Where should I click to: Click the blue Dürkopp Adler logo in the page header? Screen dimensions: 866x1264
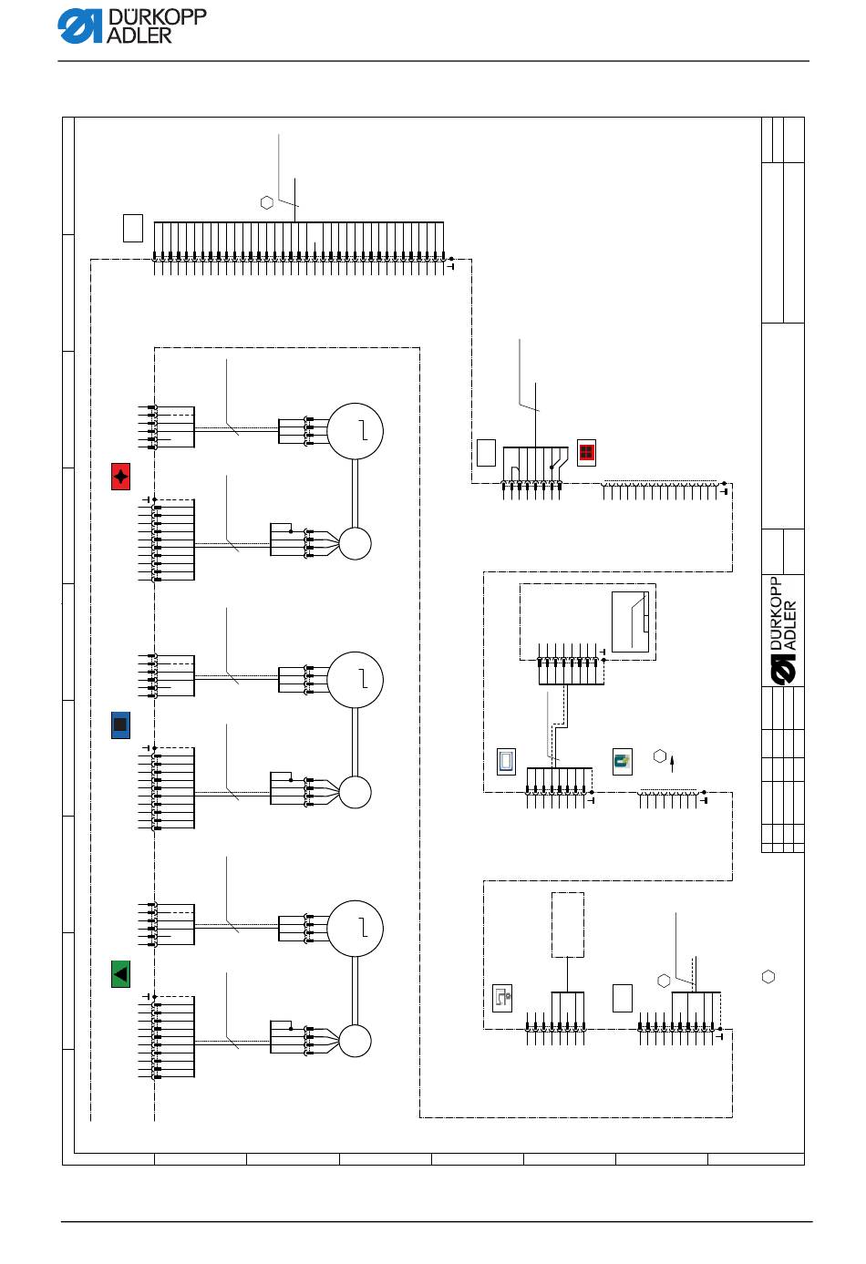point(131,26)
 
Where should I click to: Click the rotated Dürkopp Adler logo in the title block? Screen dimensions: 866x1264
point(784,631)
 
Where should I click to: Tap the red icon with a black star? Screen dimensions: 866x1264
point(121,477)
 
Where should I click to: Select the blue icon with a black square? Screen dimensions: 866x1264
point(121,725)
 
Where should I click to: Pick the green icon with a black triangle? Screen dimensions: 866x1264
point(121,974)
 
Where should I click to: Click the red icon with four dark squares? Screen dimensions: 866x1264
point(586,453)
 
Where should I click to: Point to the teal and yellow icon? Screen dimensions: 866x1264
point(622,762)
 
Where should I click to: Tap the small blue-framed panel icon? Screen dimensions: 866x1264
point(507,762)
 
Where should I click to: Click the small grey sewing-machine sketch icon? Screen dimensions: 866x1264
point(502,998)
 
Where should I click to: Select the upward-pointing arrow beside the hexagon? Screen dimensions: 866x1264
point(672,765)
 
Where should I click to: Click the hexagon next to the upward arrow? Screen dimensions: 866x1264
point(660,756)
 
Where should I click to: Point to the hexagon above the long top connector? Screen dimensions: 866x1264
point(267,202)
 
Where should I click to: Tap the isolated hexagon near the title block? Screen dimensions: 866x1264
point(768,977)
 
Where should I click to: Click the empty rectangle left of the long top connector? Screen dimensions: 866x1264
point(133,228)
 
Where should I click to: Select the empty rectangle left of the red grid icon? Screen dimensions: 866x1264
point(486,453)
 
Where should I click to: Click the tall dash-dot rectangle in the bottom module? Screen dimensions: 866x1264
point(567,924)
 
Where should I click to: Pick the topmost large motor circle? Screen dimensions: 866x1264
point(356,431)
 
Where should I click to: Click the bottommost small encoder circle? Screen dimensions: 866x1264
point(355,1041)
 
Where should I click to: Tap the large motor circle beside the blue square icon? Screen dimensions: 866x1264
point(356,680)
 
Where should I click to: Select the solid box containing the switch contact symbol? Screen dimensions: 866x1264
point(631,622)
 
